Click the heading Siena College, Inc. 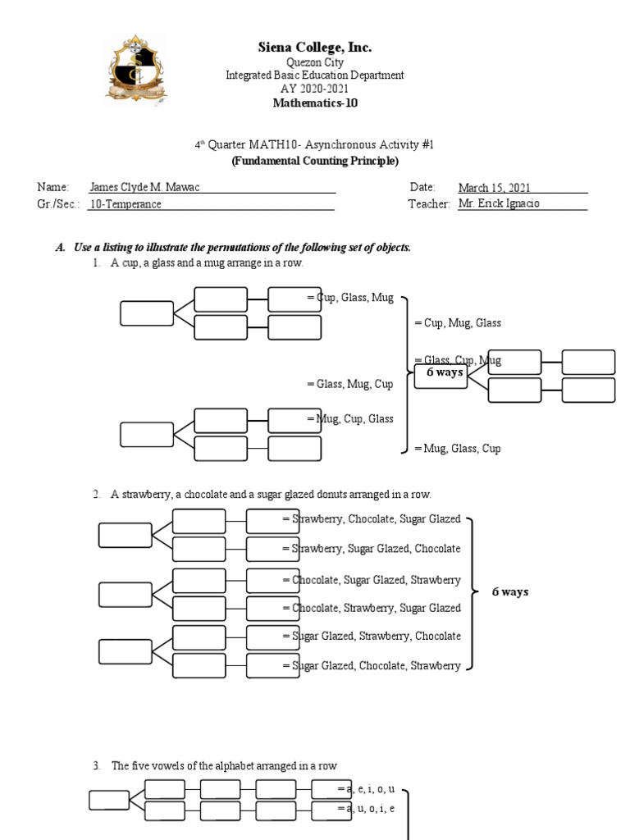click(315, 48)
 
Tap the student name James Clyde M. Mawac click(144, 187)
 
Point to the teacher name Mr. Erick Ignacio click(499, 203)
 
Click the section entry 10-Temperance click(126, 204)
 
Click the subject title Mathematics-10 click(315, 103)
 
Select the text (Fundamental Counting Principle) click(315, 160)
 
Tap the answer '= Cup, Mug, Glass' click(458, 323)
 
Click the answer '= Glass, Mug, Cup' click(349, 384)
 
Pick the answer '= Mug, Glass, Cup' click(458, 449)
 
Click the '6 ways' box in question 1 click(440, 373)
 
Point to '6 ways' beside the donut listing click(509, 592)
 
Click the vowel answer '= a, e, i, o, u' click(366, 788)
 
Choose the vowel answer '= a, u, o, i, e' click(366, 809)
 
